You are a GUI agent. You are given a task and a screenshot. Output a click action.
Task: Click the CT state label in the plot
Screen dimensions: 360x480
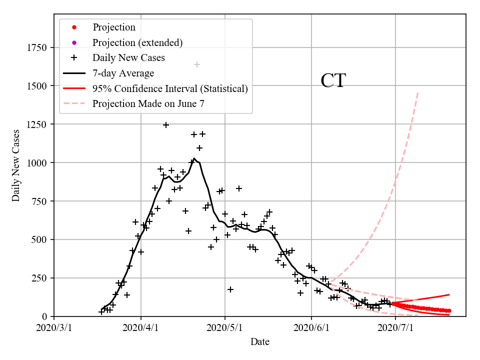tap(333, 80)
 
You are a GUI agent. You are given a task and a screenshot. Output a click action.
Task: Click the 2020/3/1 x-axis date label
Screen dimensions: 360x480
tap(54, 328)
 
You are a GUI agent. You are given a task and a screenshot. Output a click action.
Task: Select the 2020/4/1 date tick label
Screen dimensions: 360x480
tap(141, 328)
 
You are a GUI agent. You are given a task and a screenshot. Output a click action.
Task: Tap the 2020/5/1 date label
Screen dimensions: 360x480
tap(225, 328)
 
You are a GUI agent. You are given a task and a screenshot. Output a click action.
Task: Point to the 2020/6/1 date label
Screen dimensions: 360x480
tap(311, 328)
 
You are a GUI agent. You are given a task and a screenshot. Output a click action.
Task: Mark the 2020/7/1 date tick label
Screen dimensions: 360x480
tap(395, 328)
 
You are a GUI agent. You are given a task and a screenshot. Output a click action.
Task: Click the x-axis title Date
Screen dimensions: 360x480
tap(260, 342)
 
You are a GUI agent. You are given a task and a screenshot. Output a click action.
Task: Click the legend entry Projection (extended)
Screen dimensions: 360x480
tap(137, 42)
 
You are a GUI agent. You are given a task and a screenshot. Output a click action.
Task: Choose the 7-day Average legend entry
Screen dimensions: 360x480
tap(123, 73)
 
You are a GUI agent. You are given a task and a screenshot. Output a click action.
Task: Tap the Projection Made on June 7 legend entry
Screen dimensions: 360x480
tap(148, 103)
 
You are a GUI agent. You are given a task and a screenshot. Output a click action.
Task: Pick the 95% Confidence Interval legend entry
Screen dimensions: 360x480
tap(170, 88)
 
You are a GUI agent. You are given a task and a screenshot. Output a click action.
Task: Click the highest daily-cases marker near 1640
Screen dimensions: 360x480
tap(197, 64)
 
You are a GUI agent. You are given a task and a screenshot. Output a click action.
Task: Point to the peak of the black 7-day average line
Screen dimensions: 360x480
tap(194, 158)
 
